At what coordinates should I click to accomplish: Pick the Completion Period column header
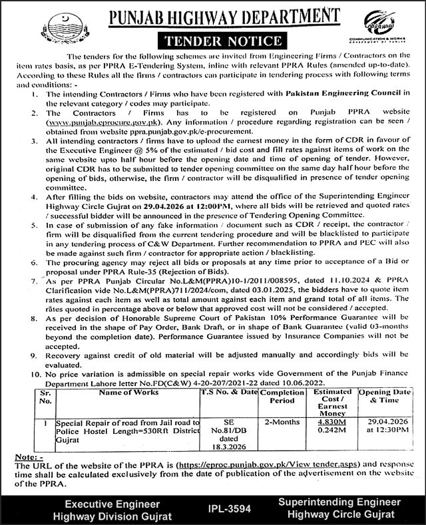[x=282, y=397]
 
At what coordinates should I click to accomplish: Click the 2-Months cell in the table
[x=281, y=422]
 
